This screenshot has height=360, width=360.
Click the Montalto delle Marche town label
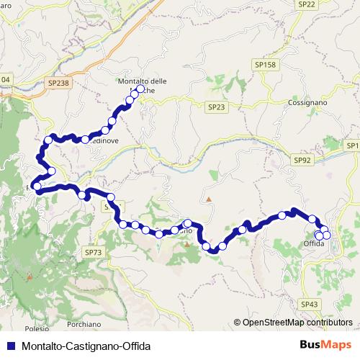tap(141, 86)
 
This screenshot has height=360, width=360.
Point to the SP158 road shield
tap(265, 65)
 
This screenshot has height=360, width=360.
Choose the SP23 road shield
tap(216, 107)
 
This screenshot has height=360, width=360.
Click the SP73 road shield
tap(94, 252)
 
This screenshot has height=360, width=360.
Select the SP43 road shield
tap(310, 305)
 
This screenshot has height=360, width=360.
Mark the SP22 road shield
tap(307, 4)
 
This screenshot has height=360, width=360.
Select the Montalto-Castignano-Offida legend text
tap(86, 346)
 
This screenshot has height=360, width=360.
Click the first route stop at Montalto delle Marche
tap(141, 90)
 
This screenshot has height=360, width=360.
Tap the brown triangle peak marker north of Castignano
tap(209, 198)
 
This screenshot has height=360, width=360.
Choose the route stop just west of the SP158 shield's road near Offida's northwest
tap(282, 215)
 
